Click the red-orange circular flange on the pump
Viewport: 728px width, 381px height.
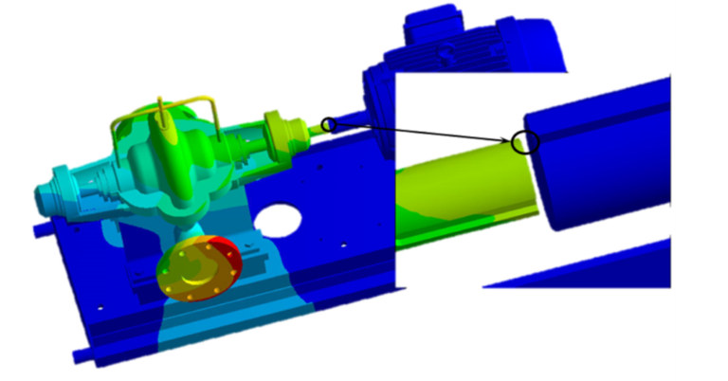tap(197, 270)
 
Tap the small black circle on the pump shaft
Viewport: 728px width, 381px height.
tap(329, 124)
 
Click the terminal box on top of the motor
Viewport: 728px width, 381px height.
tap(446, 28)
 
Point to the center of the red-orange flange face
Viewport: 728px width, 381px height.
tap(193, 271)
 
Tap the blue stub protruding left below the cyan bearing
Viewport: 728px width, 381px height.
tap(41, 229)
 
